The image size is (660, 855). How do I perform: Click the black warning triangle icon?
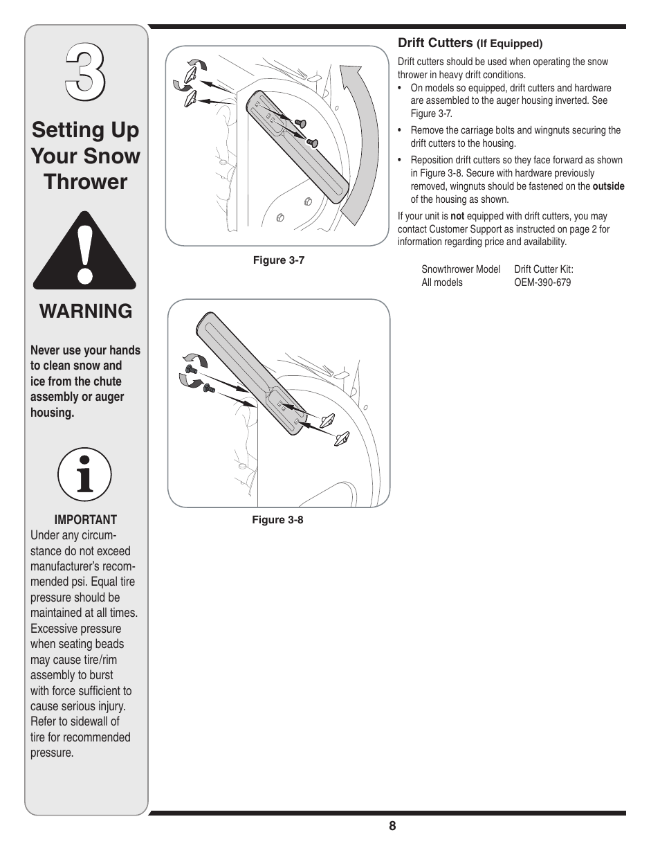point(85,252)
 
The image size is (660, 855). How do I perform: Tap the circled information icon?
point(85,475)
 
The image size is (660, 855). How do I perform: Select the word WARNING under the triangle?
point(86,312)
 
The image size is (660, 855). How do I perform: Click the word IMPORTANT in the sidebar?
point(86,520)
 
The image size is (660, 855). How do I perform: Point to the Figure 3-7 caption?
point(278,260)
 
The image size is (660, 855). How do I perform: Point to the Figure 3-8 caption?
point(277,520)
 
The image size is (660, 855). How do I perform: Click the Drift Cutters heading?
point(434,42)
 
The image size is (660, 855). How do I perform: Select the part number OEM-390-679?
point(542,282)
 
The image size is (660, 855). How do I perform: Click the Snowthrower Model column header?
point(461,269)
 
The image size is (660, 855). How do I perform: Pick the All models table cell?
point(442,282)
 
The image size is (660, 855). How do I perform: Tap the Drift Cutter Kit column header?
point(544,269)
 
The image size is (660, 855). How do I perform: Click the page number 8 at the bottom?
point(392,826)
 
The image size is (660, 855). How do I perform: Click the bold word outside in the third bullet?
point(608,186)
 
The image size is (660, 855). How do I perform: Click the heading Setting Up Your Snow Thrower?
point(86,156)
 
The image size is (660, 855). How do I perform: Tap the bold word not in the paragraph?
point(457,216)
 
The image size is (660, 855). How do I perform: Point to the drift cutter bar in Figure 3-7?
point(297,145)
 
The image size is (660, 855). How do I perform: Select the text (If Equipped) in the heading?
point(511,44)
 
